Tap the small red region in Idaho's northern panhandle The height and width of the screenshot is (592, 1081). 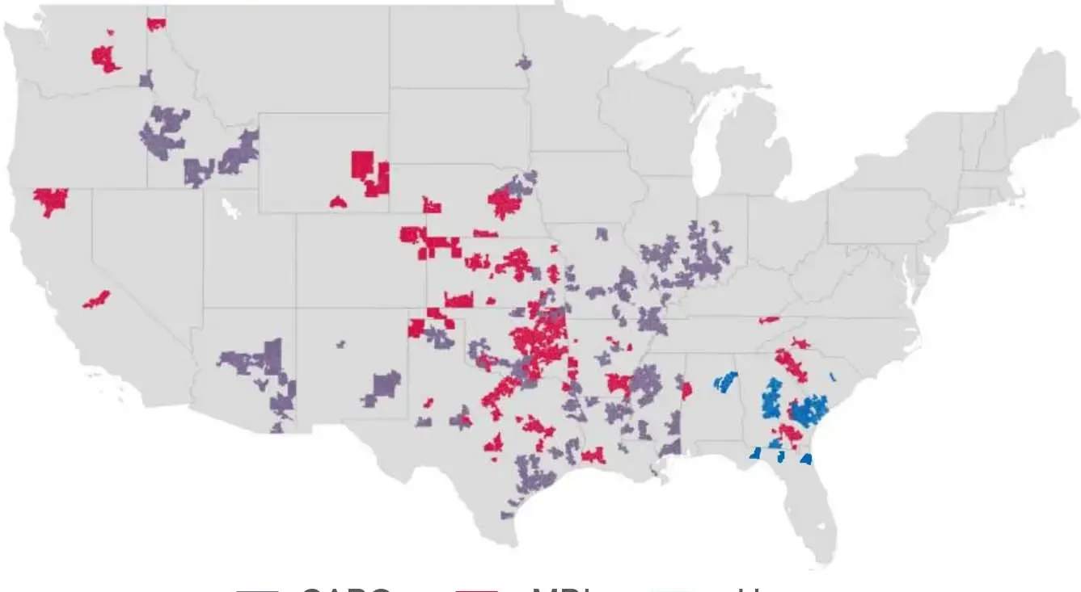point(155,23)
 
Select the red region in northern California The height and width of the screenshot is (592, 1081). point(51,200)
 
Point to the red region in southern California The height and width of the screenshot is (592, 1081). point(96,300)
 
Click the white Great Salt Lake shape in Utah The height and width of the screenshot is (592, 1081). point(231,208)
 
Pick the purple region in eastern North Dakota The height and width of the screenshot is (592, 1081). point(524,61)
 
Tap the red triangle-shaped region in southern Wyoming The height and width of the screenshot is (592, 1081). point(338,202)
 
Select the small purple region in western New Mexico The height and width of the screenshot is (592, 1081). point(341,344)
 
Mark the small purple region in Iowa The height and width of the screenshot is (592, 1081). point(601,233)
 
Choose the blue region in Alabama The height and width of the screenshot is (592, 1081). point(725,380)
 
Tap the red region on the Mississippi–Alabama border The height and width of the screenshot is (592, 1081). point(686,391)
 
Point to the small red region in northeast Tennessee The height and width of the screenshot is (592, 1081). point(769,320)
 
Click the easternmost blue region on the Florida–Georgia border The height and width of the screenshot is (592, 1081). point(805,459)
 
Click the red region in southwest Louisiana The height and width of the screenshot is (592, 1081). point(593,456)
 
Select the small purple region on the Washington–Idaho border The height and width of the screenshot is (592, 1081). point(146,79)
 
